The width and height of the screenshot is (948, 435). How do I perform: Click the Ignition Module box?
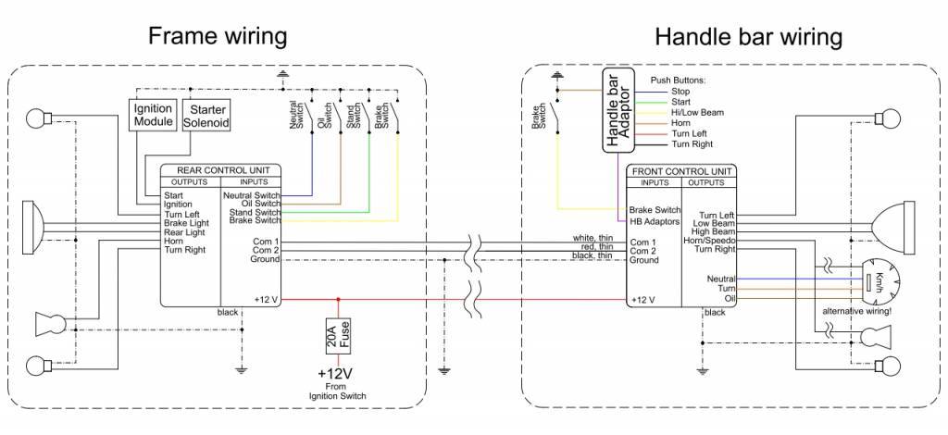click(x=153, y=115)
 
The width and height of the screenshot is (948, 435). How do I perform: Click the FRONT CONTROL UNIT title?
click(x=682, y=172)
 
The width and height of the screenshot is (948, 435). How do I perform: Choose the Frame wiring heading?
click(x=218, y=36)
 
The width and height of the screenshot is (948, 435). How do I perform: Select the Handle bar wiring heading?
click(x=748, y=37)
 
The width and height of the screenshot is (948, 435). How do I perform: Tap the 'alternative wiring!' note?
click(x=856, y=311)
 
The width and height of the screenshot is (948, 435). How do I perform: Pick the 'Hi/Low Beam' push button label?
click(x=697, y=112)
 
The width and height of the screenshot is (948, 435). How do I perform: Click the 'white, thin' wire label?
click(x=592, y=238)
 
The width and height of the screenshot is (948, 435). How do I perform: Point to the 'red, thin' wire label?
click(x=595, y=247)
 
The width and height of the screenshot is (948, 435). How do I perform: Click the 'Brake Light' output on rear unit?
click(x=186, y=223)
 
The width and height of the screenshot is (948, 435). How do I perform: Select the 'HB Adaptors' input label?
click(x=655, y=222)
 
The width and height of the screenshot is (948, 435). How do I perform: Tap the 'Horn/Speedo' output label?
click(x=714, y=241)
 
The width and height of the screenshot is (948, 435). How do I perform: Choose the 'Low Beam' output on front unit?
click(x=715, y=224)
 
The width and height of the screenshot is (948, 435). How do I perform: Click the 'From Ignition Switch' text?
click(x=338, y=391)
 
